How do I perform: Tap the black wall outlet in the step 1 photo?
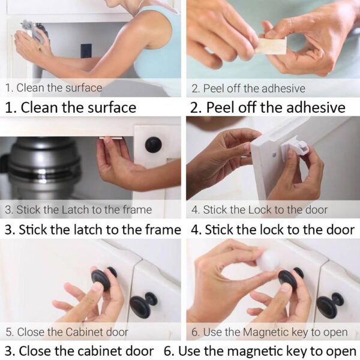(x=86, y=51)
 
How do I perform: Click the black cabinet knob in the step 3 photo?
(x=153, y=145)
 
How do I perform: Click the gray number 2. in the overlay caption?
(x=196, y=89)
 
